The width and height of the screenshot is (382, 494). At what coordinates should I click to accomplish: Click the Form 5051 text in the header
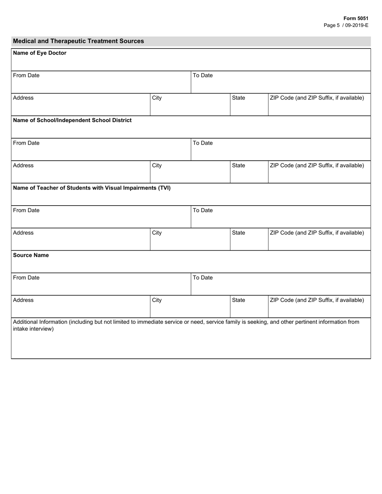tap(355, 18)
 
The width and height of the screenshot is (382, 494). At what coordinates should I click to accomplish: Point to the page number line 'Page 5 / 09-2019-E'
tap(346, 25)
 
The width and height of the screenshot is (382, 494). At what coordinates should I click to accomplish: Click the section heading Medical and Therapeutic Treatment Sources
tap(78, 41)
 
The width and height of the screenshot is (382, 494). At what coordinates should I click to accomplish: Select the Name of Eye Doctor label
tap(40, 53)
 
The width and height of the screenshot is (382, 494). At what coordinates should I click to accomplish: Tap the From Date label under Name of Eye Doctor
tap(26, 76)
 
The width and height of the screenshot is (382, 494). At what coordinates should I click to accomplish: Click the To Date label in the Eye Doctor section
tap(203, 76)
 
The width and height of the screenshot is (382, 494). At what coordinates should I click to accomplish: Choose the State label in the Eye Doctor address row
tap(238, 98)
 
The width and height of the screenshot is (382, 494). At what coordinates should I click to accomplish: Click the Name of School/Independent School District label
tap(72, 120)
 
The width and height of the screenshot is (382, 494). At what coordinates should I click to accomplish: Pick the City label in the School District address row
tap(157, 165)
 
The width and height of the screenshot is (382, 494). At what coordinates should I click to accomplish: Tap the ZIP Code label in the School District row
tap(317, 165)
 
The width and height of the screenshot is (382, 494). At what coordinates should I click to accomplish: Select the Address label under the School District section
tap(23, 165)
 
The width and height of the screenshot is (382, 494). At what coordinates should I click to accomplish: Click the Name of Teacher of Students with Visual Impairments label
tap(92, 188)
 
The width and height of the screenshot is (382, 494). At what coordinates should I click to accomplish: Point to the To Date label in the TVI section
tap(203, 210)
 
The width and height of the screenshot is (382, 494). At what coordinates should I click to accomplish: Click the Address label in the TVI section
tap(23, 233)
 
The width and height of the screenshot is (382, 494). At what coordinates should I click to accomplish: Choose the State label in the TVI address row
tap(238, 233)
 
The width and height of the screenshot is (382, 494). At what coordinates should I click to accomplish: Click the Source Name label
tap(31, 255)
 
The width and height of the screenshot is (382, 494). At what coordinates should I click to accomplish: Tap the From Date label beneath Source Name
tap(26, 278)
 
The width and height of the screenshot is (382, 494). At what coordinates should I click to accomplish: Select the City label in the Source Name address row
tap(157, 300)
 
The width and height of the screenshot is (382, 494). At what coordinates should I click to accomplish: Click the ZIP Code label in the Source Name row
tap(317, 300)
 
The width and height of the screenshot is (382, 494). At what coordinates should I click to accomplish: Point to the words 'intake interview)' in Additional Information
tap(33, 329)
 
